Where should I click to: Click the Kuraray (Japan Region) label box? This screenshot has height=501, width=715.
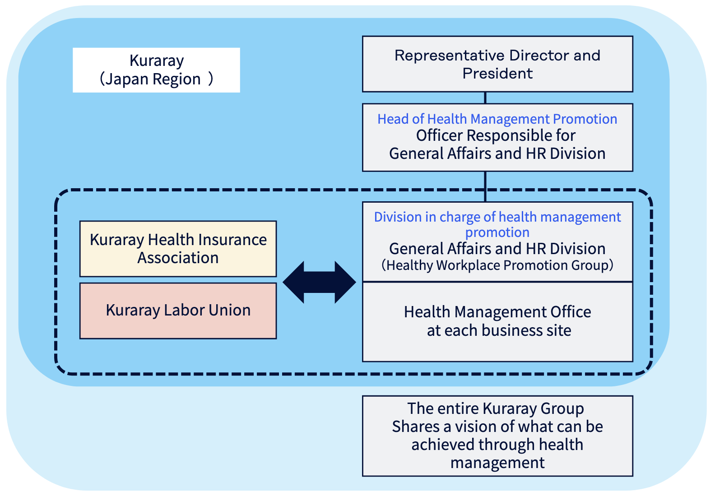(x=156, y=70)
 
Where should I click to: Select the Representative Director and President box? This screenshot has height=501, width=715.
(x=497, y=64)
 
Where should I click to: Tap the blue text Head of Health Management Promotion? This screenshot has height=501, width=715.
(x=497, y=119)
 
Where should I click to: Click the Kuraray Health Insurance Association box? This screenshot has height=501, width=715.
(x=178, y=249)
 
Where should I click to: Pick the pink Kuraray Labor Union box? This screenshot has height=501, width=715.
(x=178, y=311)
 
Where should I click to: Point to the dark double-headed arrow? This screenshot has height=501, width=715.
(x=319, y=282)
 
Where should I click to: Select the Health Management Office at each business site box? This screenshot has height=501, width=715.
(x=497, y=322)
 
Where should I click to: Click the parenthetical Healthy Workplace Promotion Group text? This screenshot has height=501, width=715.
(x=497, y=265)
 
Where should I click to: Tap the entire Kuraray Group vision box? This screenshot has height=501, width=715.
(x=497, y=436)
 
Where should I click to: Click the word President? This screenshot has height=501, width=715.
(x=497, y=74)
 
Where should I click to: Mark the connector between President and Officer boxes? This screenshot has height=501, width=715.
(x=485, y=98)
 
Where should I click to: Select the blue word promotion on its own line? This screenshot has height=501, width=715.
(x=497, y=232)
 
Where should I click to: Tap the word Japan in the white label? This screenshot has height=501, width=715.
(x=126, y=79)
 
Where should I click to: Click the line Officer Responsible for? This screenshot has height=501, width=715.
(x=496, y=135)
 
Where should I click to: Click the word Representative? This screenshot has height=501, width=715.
(x=450, y=56)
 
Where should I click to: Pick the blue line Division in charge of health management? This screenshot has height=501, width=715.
(x=497, y=217)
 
